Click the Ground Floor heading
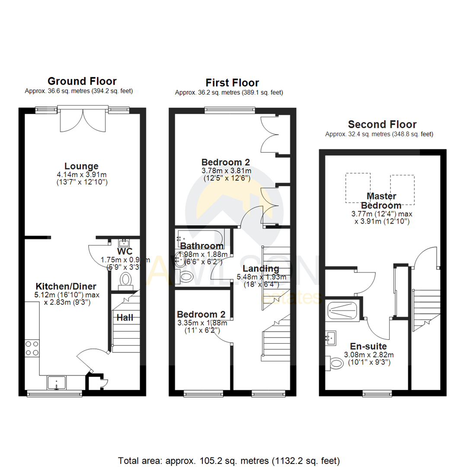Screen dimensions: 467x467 coord(82,81)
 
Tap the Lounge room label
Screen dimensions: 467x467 coord(81,166)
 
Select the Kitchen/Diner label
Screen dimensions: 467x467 coord(66,286)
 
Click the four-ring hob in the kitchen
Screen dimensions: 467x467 coord(32,348)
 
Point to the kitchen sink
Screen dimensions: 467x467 coord(56,383)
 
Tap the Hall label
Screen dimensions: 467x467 coord(125,317)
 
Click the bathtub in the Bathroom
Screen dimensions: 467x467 coord(200,237)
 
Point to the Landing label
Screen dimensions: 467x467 coord(261,269)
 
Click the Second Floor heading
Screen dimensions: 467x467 coord(382,125)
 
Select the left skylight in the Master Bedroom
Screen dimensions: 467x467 coord(358,188)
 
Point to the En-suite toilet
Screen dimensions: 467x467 coord(336,363)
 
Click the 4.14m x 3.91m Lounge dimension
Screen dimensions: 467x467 coord(81,175)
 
